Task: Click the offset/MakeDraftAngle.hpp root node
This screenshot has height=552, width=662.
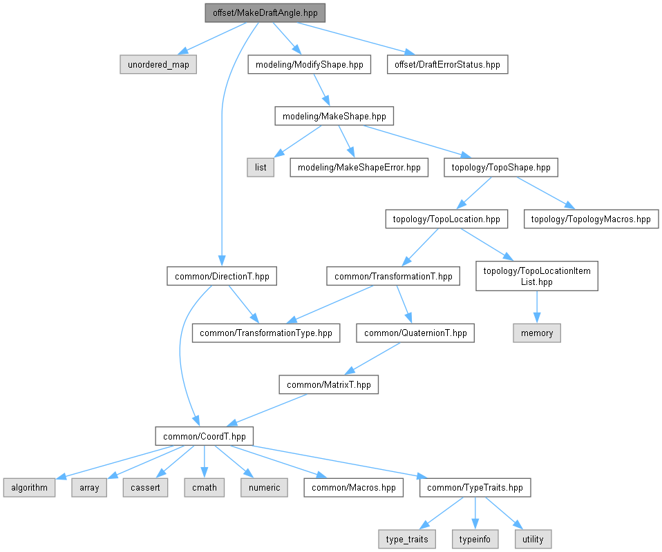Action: coord(265,12)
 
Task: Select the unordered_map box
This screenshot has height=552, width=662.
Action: coord(158,65)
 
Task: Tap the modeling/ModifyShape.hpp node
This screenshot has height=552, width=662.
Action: coord(308,65)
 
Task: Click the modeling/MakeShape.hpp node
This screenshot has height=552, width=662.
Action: coord(334,116)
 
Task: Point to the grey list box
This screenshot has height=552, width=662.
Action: coord(261,167)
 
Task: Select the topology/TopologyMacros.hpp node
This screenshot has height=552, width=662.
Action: coord(591,219)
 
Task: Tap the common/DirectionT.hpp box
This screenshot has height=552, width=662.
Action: coord(221,277)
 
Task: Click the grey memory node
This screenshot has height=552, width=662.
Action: coord(537,333)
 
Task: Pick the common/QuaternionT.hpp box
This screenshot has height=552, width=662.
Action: coord(415,333)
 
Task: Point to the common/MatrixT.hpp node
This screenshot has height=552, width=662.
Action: coord(329,384)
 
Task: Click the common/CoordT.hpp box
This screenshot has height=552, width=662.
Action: coord(204,436)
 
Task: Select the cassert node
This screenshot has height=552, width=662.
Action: coord(145,487)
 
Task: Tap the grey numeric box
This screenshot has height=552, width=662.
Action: coord(263,487)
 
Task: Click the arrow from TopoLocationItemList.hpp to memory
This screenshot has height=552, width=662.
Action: coord(537,307)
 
